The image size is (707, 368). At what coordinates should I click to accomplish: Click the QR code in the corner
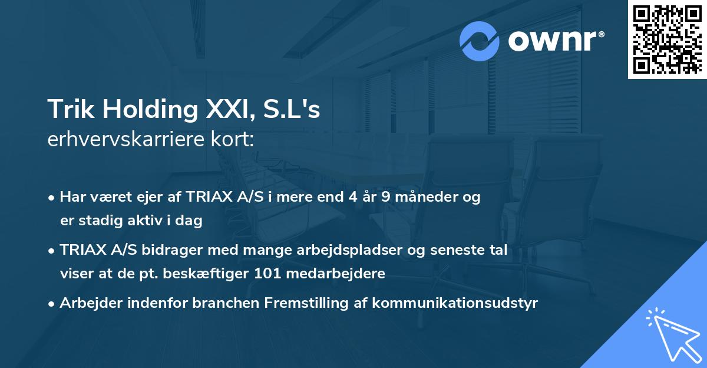(667, 40)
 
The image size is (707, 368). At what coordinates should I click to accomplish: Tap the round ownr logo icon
(480, 41)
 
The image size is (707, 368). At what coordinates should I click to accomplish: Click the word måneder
(423, 198)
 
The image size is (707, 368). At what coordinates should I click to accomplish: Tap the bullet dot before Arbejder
(52, 304)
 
